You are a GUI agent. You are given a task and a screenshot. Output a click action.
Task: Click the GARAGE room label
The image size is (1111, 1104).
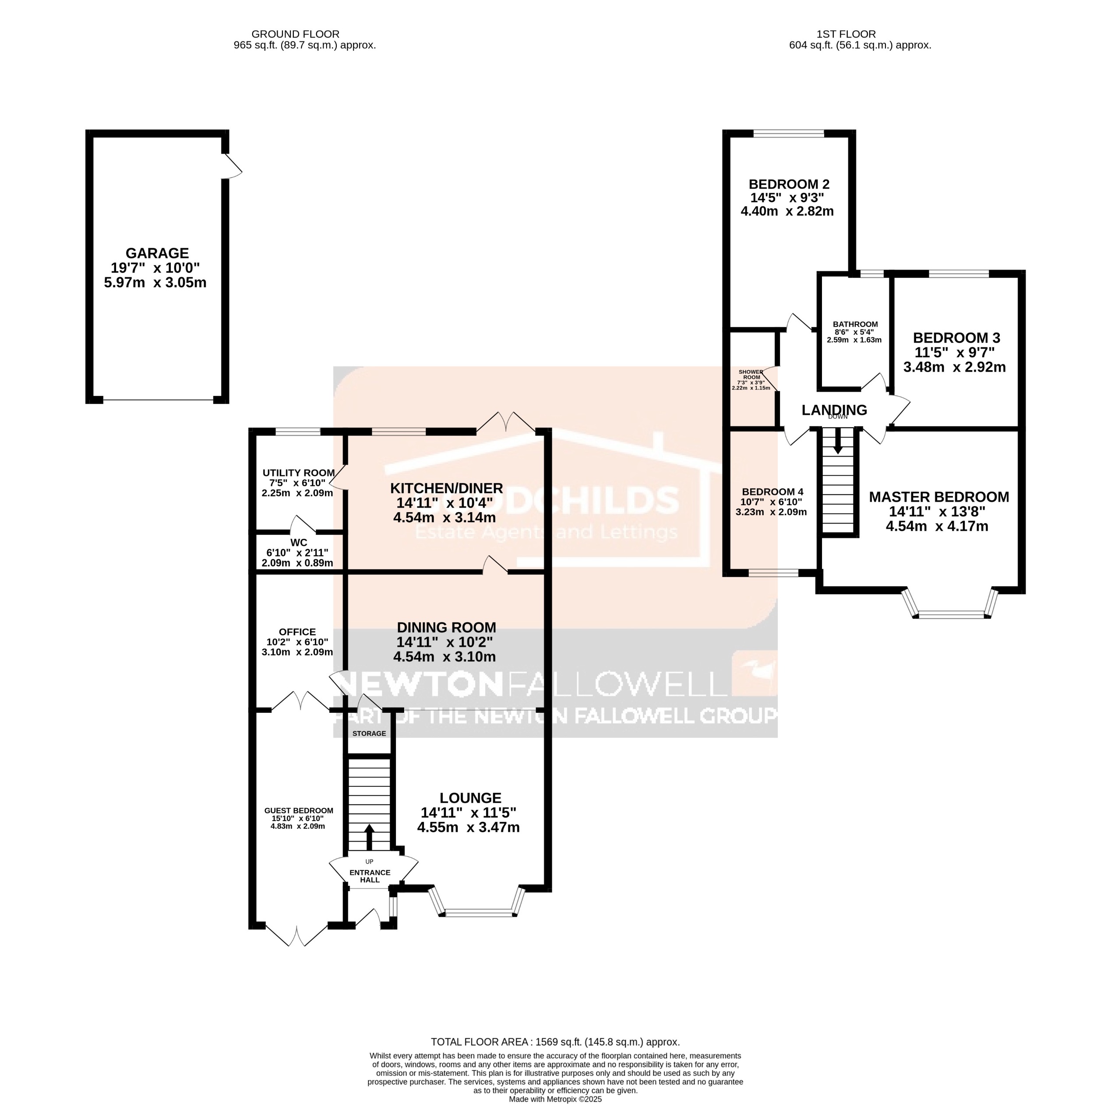(x=157, y=253)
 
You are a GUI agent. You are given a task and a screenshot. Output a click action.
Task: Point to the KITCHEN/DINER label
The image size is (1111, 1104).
(x=446, y=488)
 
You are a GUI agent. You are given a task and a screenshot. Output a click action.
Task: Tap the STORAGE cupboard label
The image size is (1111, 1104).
(x=369, y=733)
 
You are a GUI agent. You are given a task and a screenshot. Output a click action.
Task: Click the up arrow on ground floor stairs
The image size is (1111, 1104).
(x=369, y=837)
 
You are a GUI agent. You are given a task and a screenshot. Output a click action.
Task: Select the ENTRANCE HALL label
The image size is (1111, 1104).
(x=370, y=876)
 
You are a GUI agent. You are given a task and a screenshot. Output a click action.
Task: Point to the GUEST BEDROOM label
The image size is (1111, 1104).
(x=299, y=810)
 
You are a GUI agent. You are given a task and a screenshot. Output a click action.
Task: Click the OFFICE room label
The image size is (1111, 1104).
(x=297, y=632)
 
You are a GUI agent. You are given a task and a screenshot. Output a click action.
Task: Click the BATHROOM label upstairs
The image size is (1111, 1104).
(x=855, y=325)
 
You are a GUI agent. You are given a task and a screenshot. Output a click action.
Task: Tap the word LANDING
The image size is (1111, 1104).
(x=834, y=410)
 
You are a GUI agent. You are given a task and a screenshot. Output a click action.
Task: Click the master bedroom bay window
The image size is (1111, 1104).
(x=951, y=614)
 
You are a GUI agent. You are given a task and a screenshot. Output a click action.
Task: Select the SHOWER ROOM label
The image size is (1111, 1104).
(x=751, y=375)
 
